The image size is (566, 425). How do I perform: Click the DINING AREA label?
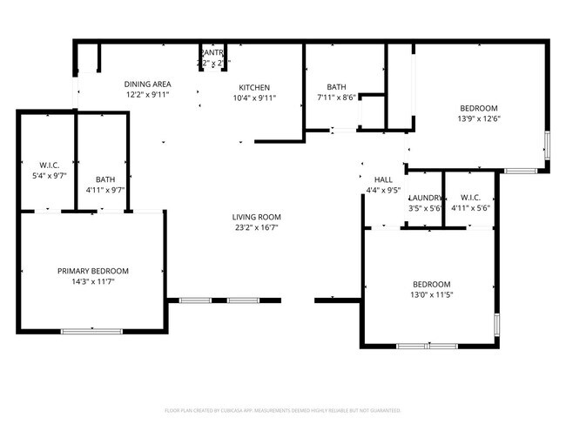(x=147, y=84)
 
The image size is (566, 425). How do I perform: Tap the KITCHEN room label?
(x=255, y=87)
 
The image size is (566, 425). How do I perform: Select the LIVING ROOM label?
(x=256, y=217)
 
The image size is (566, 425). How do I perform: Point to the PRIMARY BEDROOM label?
(x=93, y=271)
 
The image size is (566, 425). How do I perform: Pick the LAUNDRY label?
(x=426, y=198)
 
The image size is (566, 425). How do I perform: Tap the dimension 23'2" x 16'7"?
(x=256, y=227)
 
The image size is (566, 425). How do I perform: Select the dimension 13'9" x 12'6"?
(x=479, y=118)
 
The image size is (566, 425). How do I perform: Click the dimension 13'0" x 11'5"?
(x=432, y=295)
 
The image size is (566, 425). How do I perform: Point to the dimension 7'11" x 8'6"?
(x=336, y=98)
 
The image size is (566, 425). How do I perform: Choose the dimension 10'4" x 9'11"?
(x=255, y=98)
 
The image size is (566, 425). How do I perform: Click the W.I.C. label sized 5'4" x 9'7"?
(x=48, y=165)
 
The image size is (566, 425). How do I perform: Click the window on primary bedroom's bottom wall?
(x=91, y=330)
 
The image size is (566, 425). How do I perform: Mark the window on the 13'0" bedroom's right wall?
(x=497, y=325)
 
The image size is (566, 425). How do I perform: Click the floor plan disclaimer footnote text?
(x=283, y=409)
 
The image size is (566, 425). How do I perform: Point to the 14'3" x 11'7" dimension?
(x=93, y=281)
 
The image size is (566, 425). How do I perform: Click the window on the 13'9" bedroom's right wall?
(x=547, y=145)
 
